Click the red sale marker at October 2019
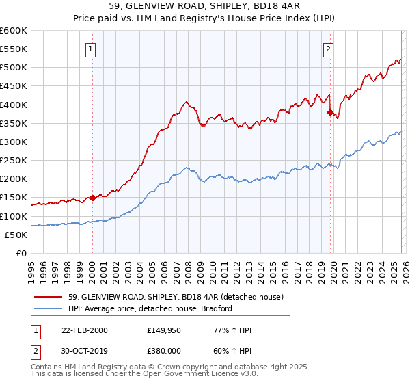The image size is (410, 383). click(x=330, y=112)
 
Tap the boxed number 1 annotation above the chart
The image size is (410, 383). click(x=91, y=49)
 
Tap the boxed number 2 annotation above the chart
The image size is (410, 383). click(x=329, y=49)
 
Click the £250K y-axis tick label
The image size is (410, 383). click(x=14, y=161)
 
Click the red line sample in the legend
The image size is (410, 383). click(x=49, y=297)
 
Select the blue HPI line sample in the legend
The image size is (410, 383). click(x=49, y=308)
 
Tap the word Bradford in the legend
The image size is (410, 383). click(x=216, y=308)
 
